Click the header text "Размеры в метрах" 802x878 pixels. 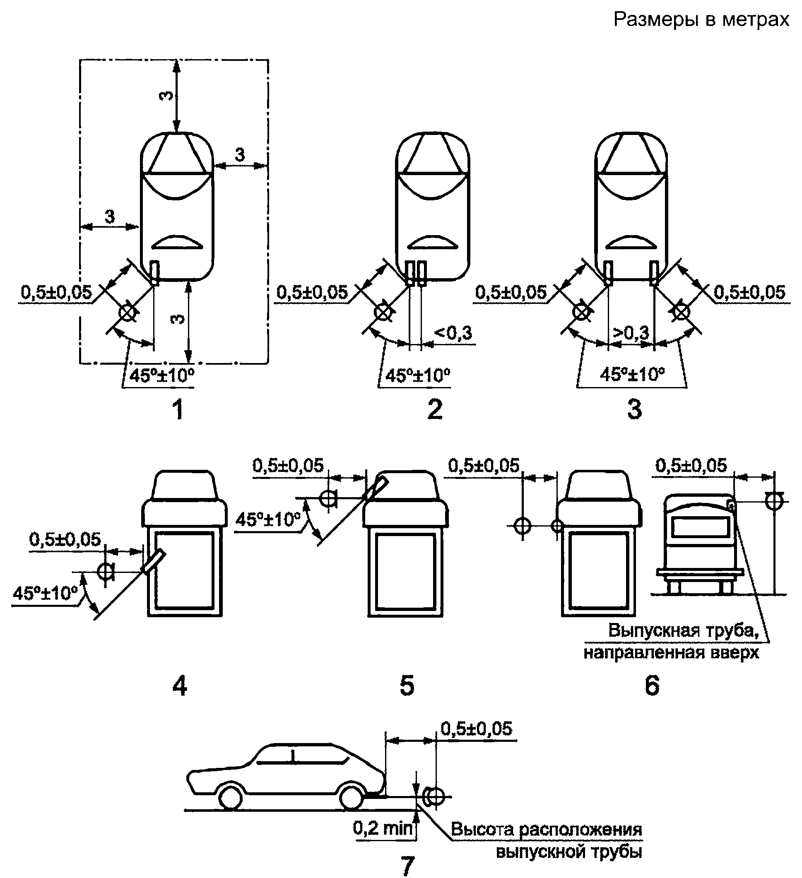(701, 19)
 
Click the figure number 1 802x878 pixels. (178, 409)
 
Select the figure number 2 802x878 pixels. (435, 409)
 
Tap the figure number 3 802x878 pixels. (634, 409)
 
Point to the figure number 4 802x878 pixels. (180, 686)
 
